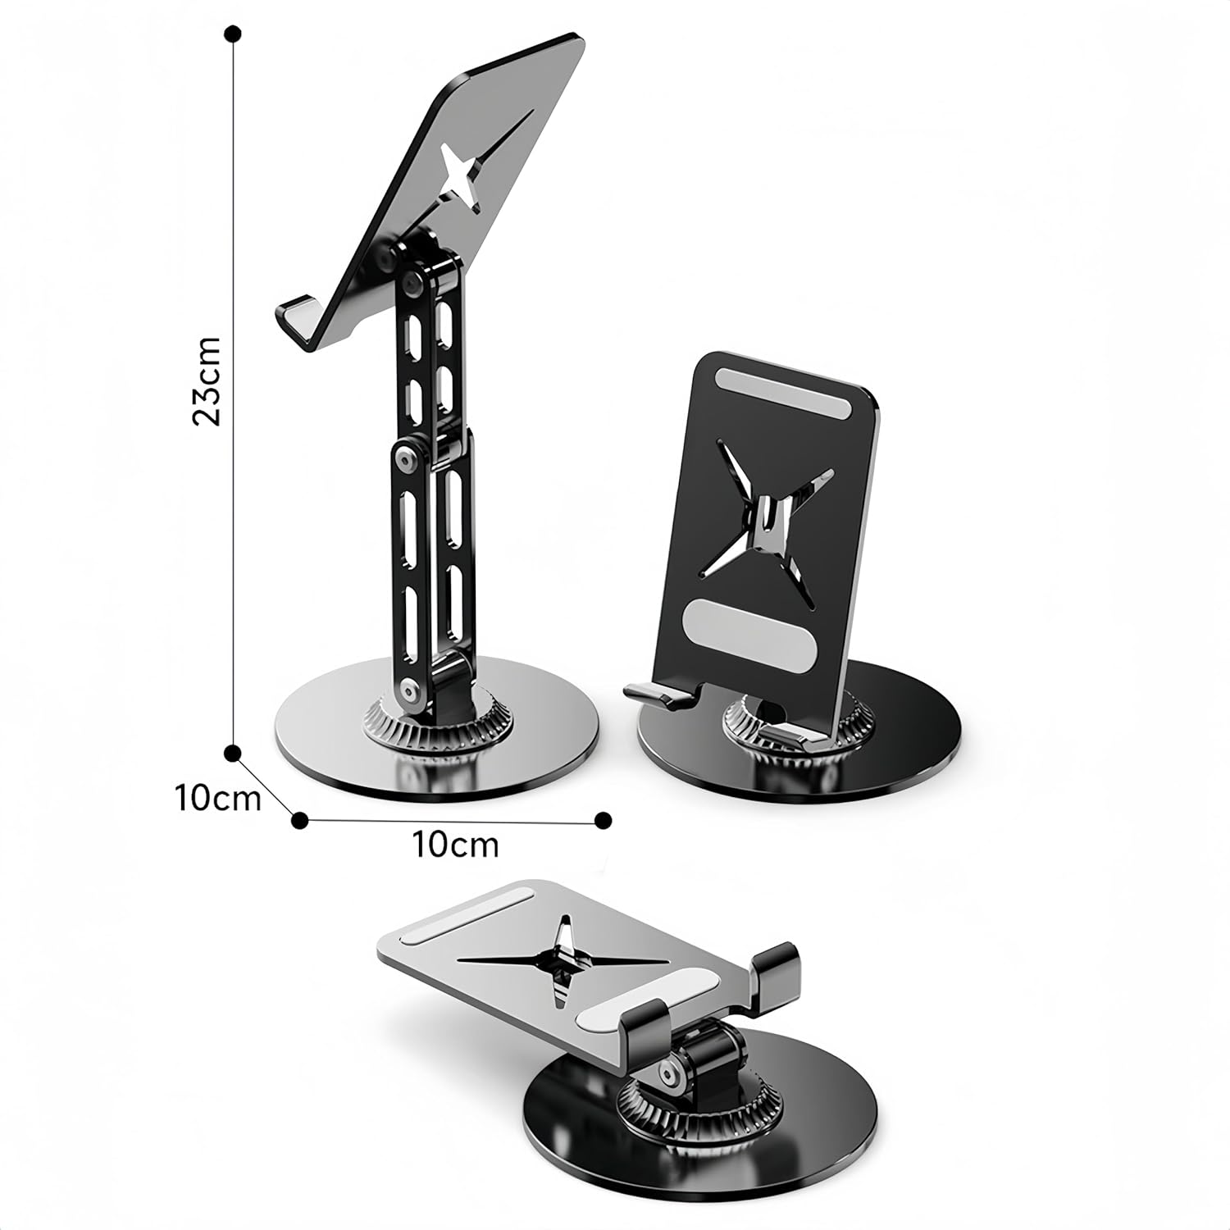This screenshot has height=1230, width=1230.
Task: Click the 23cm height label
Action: coord(207,380)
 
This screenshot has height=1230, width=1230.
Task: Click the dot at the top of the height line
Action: coord(234,34)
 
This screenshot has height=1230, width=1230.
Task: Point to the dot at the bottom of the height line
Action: coord(234,752)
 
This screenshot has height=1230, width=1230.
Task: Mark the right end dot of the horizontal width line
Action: coord(603,818)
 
